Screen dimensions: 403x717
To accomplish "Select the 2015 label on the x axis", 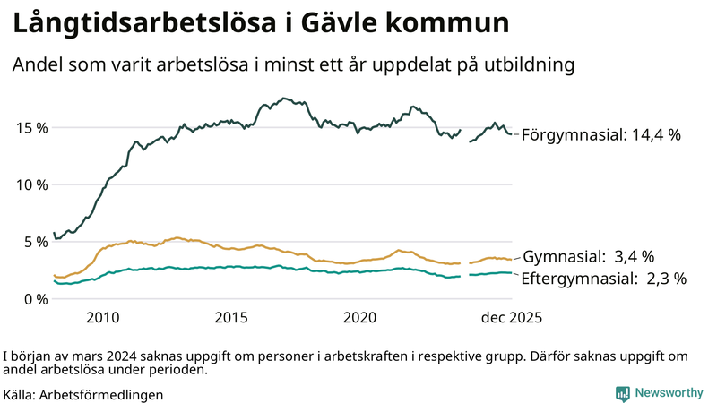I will point(231,318).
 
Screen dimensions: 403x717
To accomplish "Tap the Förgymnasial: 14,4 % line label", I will point(600,135).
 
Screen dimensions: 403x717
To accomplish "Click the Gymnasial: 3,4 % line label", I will point(588,256).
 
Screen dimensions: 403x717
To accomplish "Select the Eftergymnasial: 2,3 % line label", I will point(603,279).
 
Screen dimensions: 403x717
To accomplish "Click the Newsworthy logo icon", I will point(622,392).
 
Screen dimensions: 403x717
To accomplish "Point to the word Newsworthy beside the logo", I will point(669,392).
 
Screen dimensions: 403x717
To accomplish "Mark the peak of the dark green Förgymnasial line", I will point(284,99).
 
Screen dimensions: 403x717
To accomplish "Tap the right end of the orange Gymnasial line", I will point(511,259).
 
